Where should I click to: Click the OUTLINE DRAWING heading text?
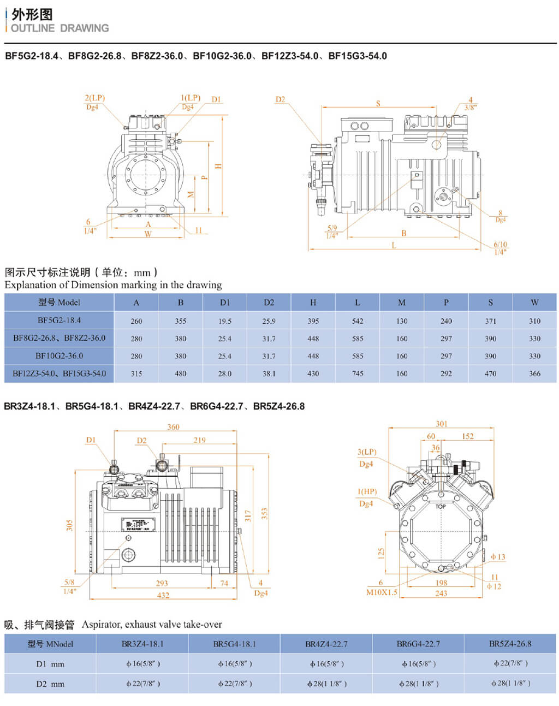point(60,28)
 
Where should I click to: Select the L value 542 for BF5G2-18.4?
point(358,321)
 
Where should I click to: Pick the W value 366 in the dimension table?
point(534,373)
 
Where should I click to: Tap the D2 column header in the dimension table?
point(269,302)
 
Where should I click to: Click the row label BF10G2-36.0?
point(59,356)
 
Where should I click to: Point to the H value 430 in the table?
point(313,373)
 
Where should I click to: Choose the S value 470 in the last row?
point(490,373)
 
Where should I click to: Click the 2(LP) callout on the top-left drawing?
point(94,98)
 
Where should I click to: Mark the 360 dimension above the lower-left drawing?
point(173,427)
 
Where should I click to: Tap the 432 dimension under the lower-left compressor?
point(163,595)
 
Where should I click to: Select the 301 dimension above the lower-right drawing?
point(441,424)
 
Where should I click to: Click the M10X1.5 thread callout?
point(382,592)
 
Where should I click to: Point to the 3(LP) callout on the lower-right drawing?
point(367,452)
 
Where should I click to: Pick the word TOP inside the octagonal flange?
point(441,507)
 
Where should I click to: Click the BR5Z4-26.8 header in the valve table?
point(510,644)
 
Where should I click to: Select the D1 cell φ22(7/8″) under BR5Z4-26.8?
point(510,664)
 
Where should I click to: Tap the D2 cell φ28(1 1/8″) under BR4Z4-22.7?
point(326,684)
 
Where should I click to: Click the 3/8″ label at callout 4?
point(470,108)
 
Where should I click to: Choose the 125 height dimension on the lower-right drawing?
point(381,554)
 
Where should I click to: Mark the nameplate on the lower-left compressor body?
point(138,525)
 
